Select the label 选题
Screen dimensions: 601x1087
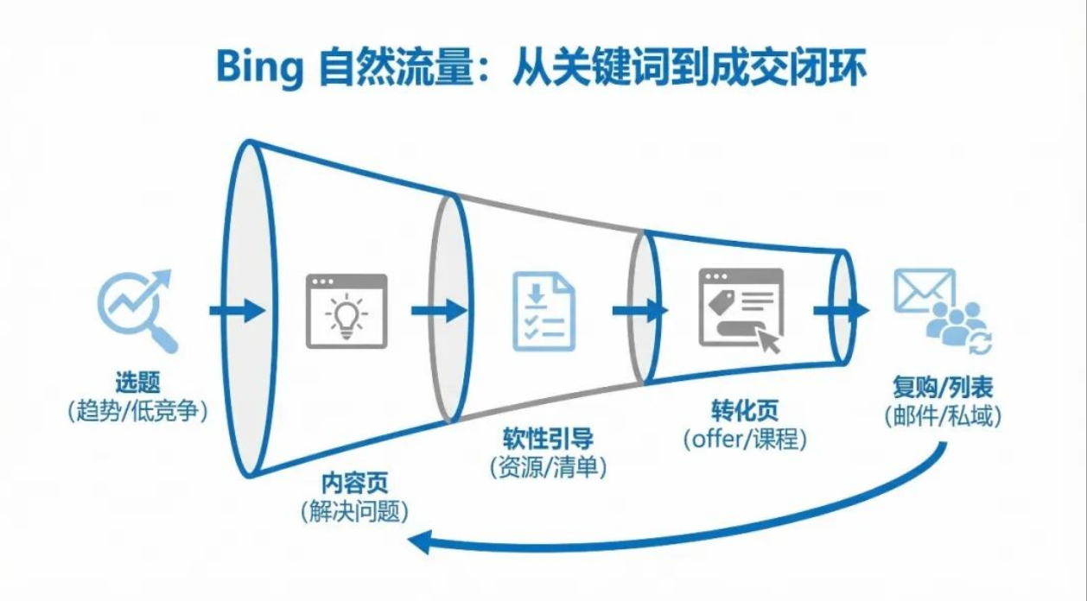click(x=138, y=383)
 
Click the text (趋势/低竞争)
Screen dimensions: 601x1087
click(x=138, y=412)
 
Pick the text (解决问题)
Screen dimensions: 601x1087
click(x=354, y=511)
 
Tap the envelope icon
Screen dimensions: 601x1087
click(x=923, y=291)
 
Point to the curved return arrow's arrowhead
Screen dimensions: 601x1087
click(x=421, y=542)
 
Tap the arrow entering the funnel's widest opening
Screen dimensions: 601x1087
click(x=235, y=311)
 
